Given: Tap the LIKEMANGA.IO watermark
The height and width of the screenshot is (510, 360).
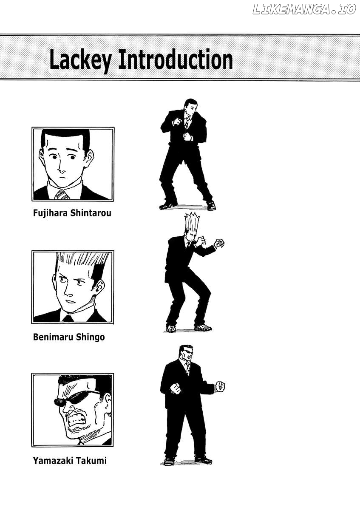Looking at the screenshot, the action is click(x=304, y=9).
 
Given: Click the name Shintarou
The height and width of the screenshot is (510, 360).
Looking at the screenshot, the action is click(x=91, y=213).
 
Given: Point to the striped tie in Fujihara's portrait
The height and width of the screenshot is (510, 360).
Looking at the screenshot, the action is click(x=62, y=195).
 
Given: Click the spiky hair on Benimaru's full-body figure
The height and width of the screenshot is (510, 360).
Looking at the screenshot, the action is click(x=192, y=223).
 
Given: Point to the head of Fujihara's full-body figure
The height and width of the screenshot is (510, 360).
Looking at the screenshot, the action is click(x=190, y=107).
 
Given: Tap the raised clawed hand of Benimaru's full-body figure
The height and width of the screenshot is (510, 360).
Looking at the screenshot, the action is click(x=219, y=244).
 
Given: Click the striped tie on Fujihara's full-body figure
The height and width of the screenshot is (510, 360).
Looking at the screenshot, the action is click(x=187, y=122).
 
